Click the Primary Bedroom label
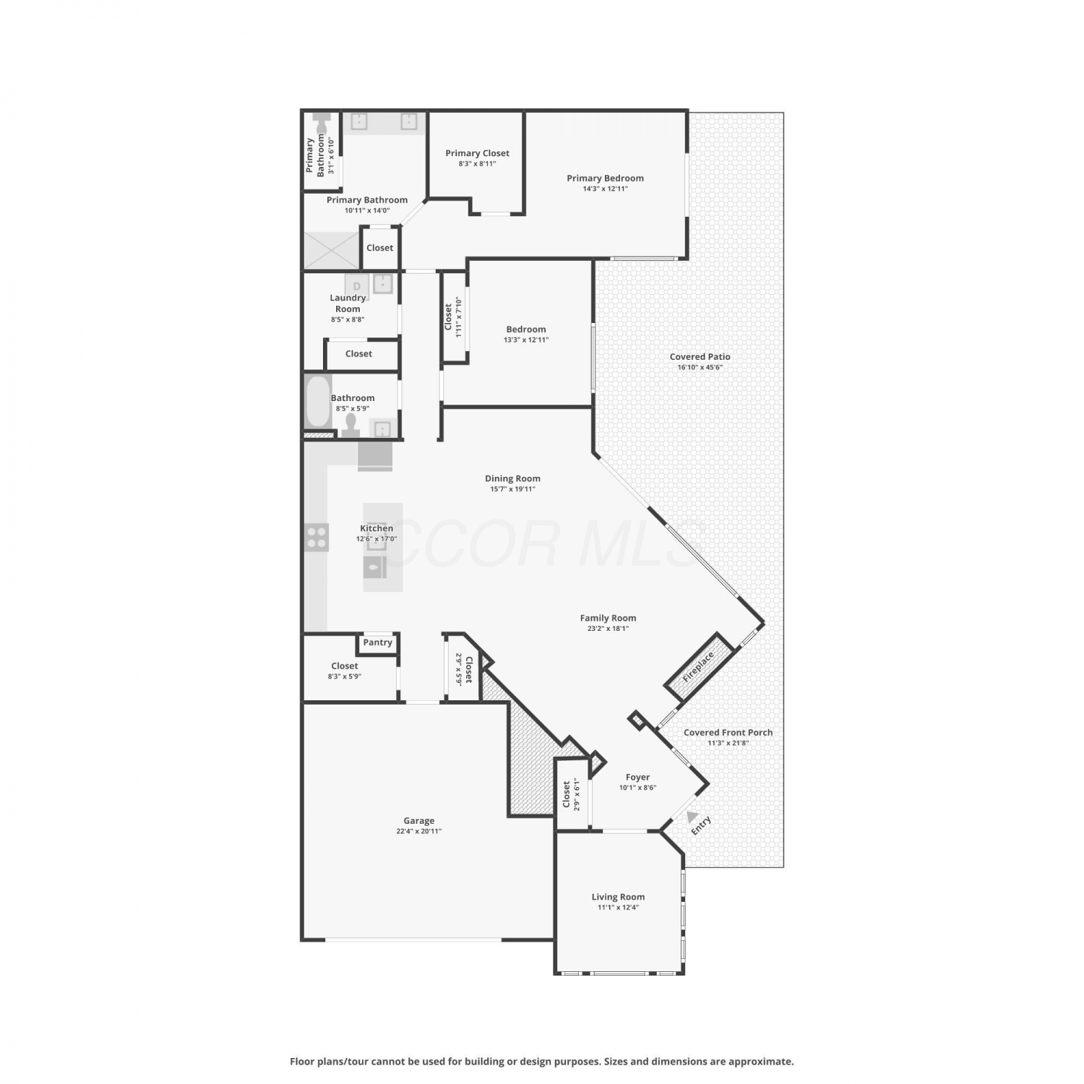pyautogui.click(x=605, y=178)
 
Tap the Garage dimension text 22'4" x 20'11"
pyautogui.click(x=419, y=831)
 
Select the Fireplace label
pyautogui.click(x=698, y=667)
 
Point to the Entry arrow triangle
pyautogui.click(x=693, y=817)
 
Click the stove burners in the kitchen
pyautogui.click(x=317, y=537)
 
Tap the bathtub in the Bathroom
pyautogui.click(x=317, y=402)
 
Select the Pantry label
pyautogui.click(x=378, y=642)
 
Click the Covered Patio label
pyautogui.click(x=700, y=356)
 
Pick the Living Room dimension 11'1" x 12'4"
pyautogui.click(x=618, y=907)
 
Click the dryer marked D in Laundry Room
pyautogui.click(x=357, y=285)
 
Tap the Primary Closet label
pyautogui.click(x=477, y=153)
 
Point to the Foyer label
pyautogui.click(x=637, y=777)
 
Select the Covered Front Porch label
pyautogui.click(x=728, y=732)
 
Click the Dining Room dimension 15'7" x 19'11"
pyautogui.click(x=512, y=489)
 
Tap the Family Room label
pyautogui.click(x=608, y=618)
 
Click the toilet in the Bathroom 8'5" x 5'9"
pyautogui.click(x=352, y=426)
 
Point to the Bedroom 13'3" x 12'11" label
pyautogui.click(x=526, y=329)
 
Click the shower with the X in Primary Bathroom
pyautogui.click(x=331, y=250)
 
